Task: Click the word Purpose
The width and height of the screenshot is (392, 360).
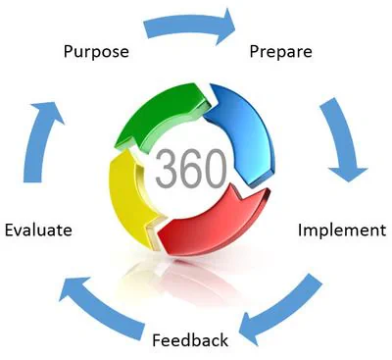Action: (x=96, y=52)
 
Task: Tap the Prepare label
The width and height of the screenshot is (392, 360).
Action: (x=280, y=52)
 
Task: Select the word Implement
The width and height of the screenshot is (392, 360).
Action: (x=342, y=231)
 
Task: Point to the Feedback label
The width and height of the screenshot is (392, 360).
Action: (x=190, y=340)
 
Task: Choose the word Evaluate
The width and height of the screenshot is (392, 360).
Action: (x=38, y=230)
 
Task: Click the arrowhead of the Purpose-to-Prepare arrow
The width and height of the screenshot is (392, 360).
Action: (x=225, y=26)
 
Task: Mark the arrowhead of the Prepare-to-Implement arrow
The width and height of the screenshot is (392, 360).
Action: (x=348, y=174)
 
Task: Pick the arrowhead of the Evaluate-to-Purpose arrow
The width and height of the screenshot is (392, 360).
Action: (x=47, y=111)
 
